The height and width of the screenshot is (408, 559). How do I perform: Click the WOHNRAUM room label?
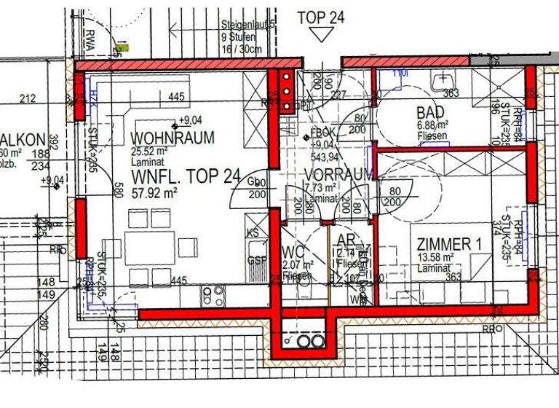173,138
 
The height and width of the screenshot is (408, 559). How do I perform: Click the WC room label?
292,251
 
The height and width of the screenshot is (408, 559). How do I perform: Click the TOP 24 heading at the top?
320,17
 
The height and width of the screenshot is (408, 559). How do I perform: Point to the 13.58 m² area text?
435,257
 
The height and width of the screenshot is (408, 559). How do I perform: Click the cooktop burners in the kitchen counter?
213,294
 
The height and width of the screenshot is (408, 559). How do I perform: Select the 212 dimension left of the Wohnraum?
28,98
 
